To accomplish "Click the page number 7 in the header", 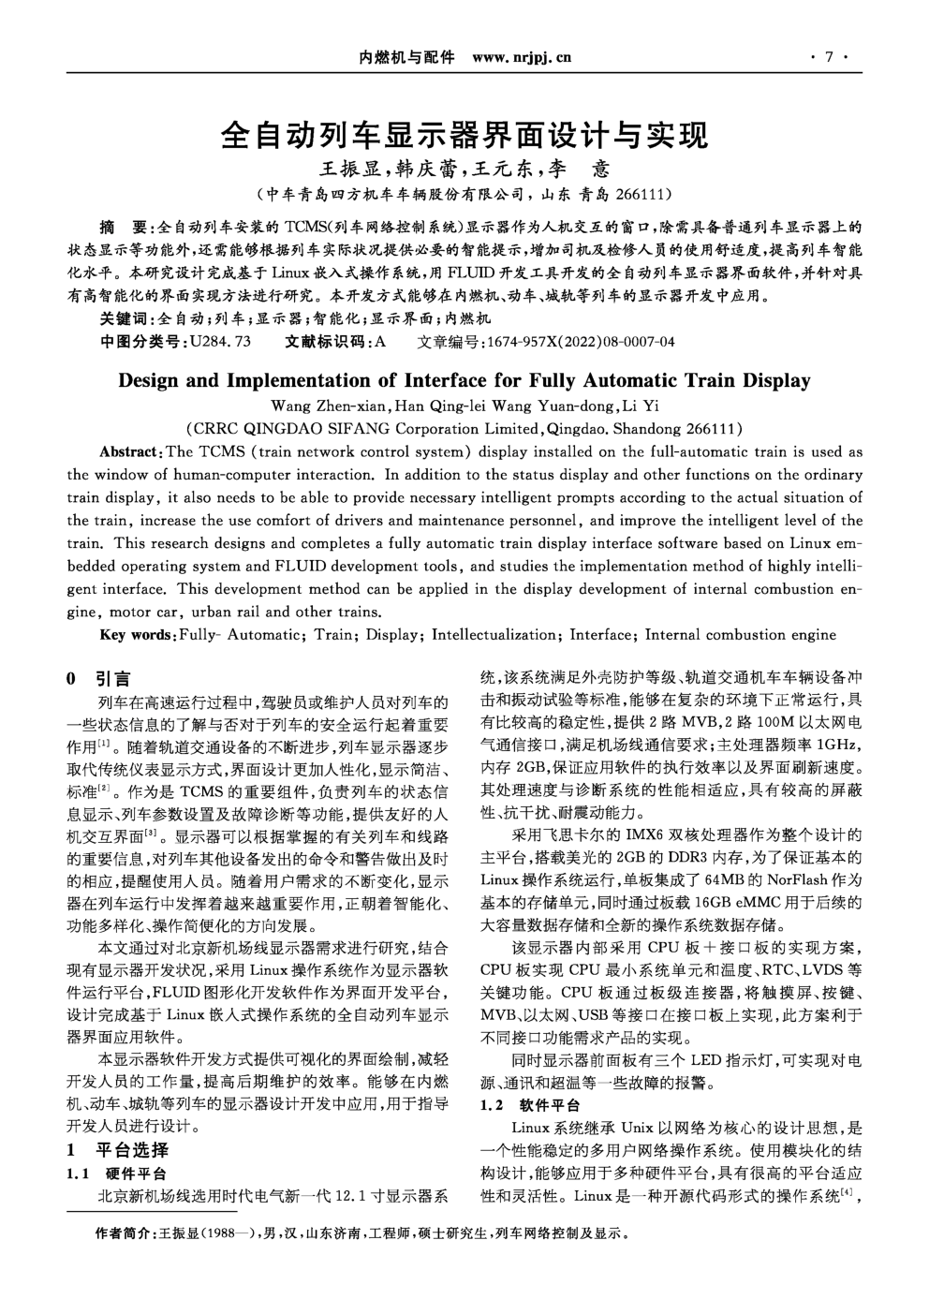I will click(x=828, y=58).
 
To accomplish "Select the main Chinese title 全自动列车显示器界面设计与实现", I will click(x=464, y=136).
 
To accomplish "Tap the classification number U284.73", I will click(x=220, y=342).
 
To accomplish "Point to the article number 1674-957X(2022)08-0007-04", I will click(x=577, y=342).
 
